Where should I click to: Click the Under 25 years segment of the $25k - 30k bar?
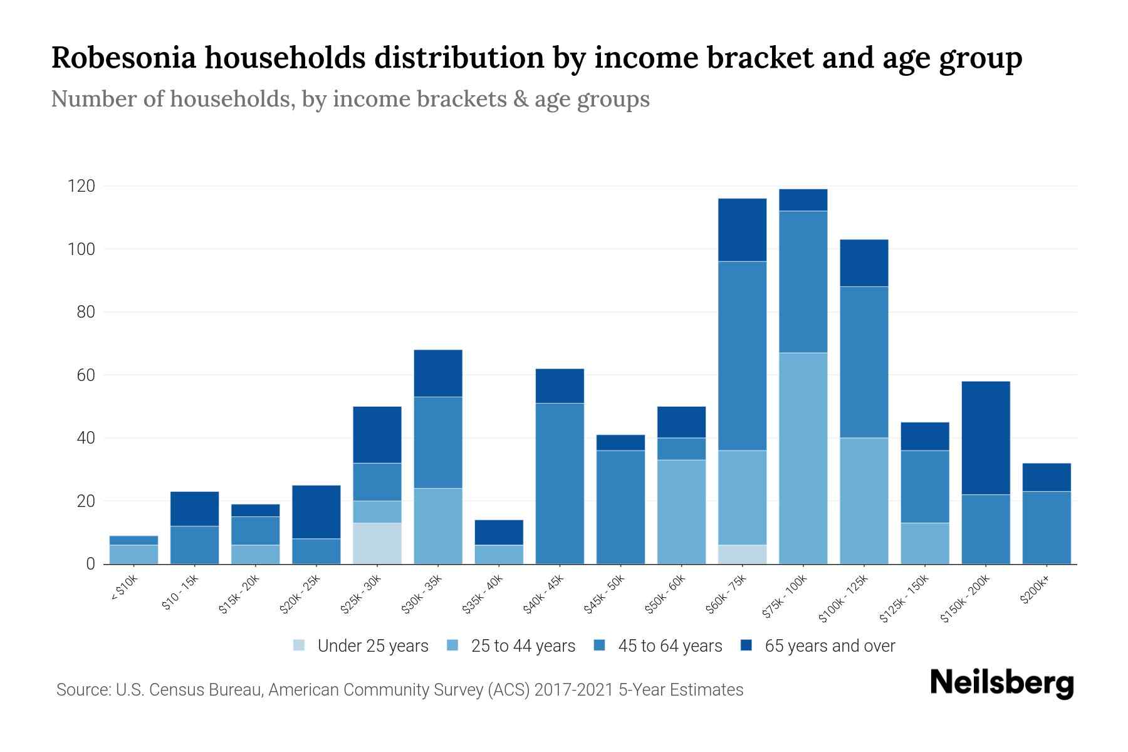(x=377, y=543)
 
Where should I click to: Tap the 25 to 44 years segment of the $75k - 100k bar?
(x=803, y=458)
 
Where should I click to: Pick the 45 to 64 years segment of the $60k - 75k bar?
(x=742, y=355)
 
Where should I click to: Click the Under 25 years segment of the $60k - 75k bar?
(x=742, y=554)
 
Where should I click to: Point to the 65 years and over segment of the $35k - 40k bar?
(x=499, y=532)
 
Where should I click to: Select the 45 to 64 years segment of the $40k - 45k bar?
(x=560, y=483)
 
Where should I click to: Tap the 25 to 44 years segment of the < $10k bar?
(x=133, y=554)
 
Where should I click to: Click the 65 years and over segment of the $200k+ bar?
(x=1047, y=477)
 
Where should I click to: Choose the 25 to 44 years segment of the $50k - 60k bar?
(x=681, y=511)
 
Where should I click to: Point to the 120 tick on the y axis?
(x=81, y=186)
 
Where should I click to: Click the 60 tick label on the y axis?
(x=86, y=375)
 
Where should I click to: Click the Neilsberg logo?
(x=1001, y=683)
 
